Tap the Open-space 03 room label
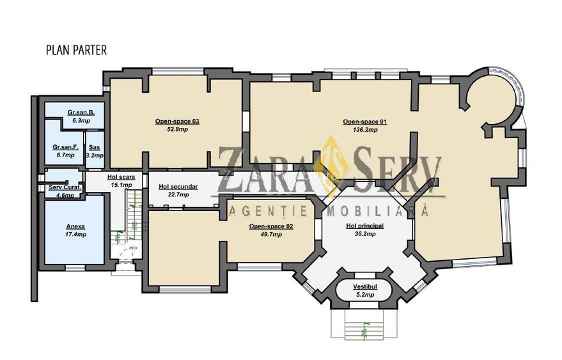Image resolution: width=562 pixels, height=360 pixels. (173, 121)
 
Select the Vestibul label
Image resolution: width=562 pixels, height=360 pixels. (364, 287)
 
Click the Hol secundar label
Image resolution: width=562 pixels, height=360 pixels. (178, 187)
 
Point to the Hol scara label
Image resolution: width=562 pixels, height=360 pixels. (120, 177)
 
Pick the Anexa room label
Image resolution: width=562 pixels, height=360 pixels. (75, 227)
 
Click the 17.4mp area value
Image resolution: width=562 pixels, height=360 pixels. (75, 235)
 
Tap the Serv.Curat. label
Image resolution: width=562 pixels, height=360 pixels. (65, 187)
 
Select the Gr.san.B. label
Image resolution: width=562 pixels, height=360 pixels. (81, 113)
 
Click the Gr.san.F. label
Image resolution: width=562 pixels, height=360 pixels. (65, 147)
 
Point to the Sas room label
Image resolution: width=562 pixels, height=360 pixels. (94, 147)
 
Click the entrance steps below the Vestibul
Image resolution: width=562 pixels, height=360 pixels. (364, 325)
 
